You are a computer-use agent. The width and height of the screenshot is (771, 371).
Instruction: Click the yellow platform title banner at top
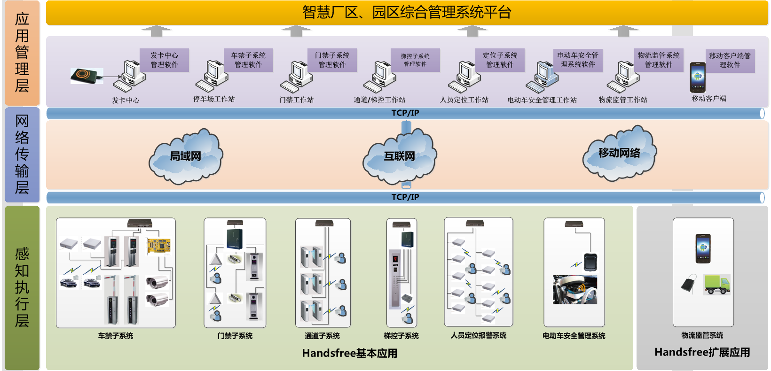[x=407, y=13]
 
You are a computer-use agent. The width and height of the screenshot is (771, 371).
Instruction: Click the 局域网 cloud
[x=186, y=156]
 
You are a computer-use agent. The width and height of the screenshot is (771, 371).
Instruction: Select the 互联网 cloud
[x=400, y=156]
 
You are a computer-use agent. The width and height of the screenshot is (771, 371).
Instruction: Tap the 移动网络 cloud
[x=619, y=153]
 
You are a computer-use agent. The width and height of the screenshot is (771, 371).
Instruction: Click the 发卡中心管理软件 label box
[x=164, y=60]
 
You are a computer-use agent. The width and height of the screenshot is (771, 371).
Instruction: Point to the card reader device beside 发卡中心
[x=87, y=76]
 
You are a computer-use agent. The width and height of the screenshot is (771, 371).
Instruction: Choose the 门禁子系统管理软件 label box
[x=332, y=60]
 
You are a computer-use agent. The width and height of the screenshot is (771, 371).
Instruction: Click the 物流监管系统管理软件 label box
[x=658, y=60]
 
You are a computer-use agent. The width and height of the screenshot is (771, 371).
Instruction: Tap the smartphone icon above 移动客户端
[x=698, y=77]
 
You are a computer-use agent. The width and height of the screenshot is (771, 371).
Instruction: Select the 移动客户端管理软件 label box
[x=730, y=61]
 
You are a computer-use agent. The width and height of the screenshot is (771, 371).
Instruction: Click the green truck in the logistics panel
[x=717, y=285]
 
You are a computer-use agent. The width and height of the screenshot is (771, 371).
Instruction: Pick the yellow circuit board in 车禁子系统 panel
[x=158, y=246]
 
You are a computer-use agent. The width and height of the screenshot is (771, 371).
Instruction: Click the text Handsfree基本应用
[x=350, y=353]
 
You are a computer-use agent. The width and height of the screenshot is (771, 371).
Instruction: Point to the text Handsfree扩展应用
[x=702, y=352]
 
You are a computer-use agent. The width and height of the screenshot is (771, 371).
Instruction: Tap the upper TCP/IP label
[x=405, y=113]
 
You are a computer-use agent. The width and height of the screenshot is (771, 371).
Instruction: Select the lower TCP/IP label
[x=405, y=197]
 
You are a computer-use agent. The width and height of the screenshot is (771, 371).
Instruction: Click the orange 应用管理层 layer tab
[x=22, y=53]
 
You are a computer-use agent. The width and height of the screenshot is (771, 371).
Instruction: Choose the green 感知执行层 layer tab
[x=22, y=287]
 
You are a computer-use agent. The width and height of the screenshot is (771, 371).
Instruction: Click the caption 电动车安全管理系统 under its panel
[x=574, y=336]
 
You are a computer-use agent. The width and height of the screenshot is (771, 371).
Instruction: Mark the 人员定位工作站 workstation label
[x=464, y=100]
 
